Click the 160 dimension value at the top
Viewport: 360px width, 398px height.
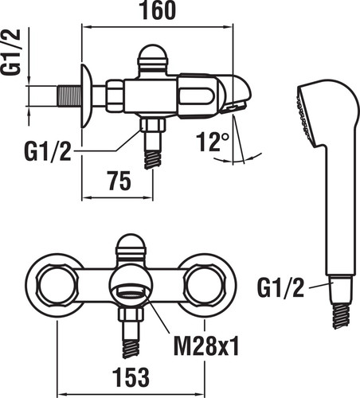pyautogui.click(x=158, y=10)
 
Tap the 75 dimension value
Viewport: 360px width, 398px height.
pyautogui.click(x=119, y=181)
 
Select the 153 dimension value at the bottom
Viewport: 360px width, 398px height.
pyautogui.click(x=131, y=377)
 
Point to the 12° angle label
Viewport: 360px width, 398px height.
pyautogui.click(x=213, y=142)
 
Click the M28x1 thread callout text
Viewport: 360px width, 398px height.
pyautogui.click(x=206, y=345)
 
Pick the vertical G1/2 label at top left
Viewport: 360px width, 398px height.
pyautogui.click(x=11, y=52)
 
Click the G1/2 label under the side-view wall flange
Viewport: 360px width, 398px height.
pyautogui.click(x=48, y=151)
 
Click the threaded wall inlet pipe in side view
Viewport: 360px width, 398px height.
pyautogui.click(x=69, y=96)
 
